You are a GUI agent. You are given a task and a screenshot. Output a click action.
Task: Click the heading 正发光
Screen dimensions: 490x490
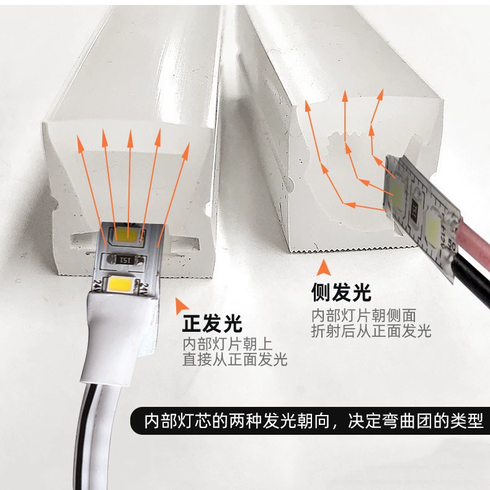[212, 323]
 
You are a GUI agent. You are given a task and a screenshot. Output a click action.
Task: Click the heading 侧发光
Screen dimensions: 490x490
[341, 293]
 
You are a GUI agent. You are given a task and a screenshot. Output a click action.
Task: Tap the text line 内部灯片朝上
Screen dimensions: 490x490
[228, 344]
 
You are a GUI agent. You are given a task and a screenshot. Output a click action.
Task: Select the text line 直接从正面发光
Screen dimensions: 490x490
[235, 359]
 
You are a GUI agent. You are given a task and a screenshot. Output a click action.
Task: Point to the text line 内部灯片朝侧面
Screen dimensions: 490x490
[363, 316]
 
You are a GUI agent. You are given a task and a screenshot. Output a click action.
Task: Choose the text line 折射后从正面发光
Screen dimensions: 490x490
[372, 331]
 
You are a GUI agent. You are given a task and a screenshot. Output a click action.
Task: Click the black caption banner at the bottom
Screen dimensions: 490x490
[310, 421]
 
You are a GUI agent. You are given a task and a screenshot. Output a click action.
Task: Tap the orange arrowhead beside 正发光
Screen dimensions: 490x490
[180, 306]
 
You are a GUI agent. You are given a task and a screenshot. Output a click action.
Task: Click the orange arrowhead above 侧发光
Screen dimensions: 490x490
[323, 268]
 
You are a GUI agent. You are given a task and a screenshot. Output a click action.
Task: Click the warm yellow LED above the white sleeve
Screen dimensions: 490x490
[120, 283]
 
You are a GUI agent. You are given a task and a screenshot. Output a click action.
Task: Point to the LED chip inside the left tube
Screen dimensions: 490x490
[126, 234]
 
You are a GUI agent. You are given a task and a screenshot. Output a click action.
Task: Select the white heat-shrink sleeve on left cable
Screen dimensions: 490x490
[118, 337]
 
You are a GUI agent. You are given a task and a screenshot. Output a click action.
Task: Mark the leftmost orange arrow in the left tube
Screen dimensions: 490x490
[92, 191]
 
